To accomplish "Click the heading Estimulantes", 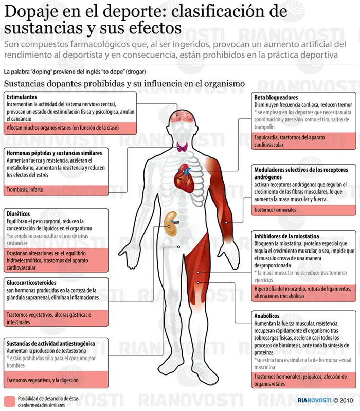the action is click(22, 97).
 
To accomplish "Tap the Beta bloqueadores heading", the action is click(276, 98).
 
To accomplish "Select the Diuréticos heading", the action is click(19, 213).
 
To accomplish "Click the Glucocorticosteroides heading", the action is click(31, 283).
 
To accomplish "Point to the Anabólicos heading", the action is click(267, 316).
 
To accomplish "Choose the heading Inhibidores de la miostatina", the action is click(286, 236).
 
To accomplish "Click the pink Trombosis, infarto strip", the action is click(56, 190).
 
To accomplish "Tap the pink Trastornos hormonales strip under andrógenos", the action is click(303, 210).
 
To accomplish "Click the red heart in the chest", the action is click(185, 178).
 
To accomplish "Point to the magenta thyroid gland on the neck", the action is click(182, 147).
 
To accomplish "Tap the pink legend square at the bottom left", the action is click(10, 401).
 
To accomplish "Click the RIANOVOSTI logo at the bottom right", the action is click(314, 400).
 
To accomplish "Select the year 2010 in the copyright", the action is click(346, 400).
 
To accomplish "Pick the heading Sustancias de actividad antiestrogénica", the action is click(50, 344).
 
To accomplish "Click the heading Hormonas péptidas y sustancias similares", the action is click(54, 153).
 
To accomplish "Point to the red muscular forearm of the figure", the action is click(227, 222).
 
